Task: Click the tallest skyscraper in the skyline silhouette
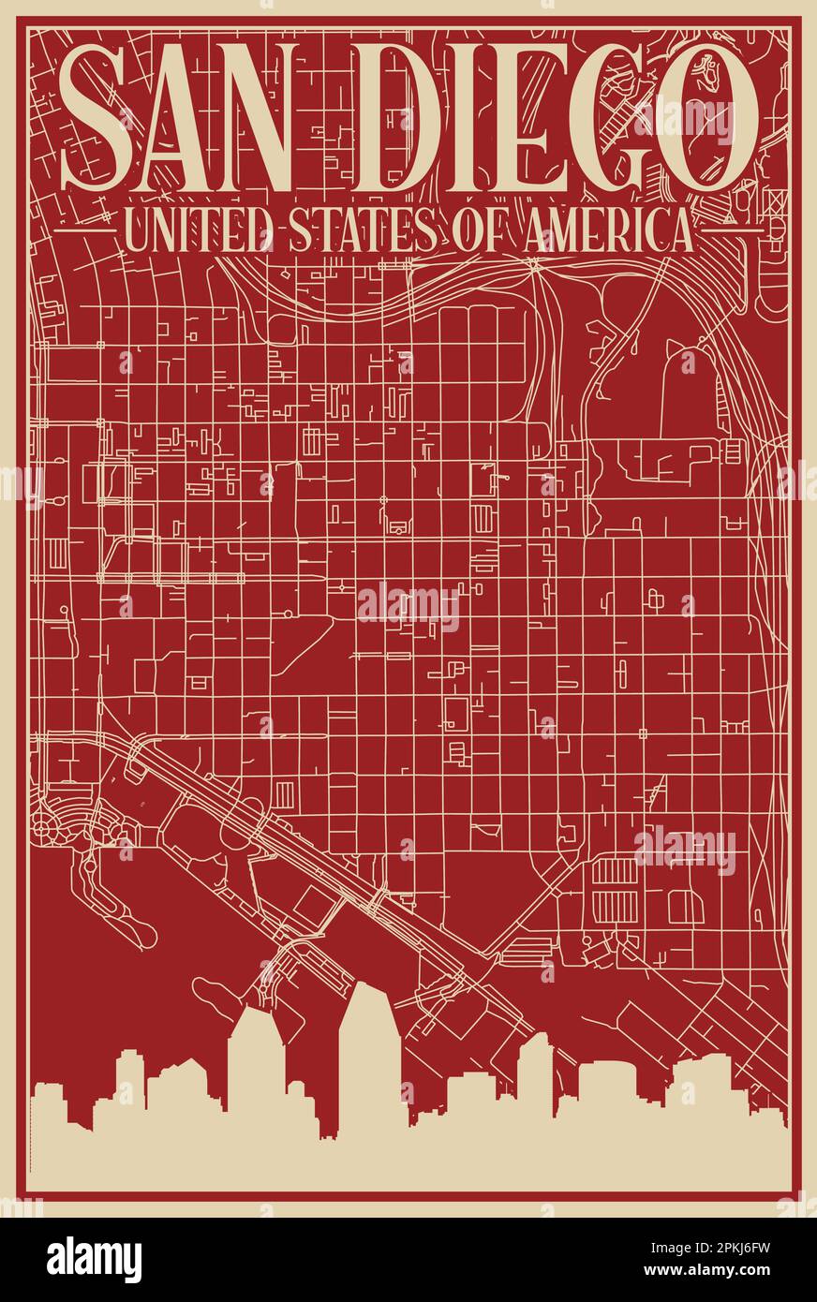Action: (x=369, y=1058)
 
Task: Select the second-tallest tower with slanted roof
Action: (x=256, y=1068)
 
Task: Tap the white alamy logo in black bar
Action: (x=94, y=1259)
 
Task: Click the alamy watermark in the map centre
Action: (x=408, y=607)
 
